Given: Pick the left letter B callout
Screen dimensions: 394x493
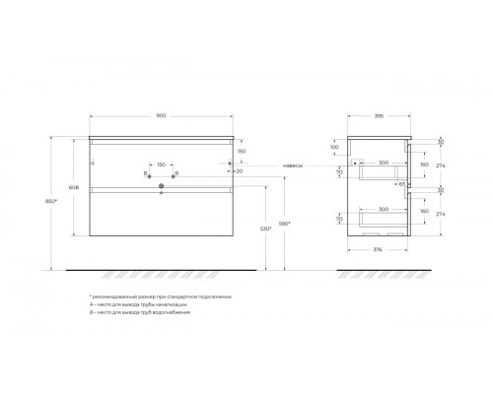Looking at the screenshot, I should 144,173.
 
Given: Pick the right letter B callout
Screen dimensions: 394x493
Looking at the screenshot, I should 177,173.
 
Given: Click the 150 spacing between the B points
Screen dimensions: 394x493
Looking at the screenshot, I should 162,164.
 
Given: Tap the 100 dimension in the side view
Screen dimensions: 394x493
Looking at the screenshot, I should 333,147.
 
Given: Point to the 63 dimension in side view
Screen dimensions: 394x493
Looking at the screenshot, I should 402,183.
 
